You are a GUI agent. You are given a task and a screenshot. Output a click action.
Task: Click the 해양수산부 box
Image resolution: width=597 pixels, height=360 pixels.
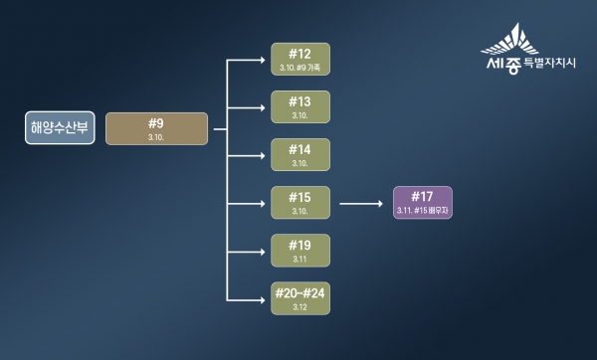pos(61,128)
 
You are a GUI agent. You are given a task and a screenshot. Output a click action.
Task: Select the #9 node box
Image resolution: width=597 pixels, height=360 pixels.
pos(156,128)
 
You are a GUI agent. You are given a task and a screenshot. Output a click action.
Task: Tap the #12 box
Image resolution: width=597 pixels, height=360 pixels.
pos(299,59)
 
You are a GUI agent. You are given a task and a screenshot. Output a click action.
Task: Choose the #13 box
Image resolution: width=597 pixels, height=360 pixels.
pos(299,106)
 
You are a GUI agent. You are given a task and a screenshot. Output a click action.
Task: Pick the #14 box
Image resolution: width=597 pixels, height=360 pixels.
pos(299,154)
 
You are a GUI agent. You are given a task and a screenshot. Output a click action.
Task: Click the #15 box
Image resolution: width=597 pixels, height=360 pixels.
pos(299,203)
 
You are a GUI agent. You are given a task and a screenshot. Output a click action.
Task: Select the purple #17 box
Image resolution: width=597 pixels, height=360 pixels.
pos(423,203)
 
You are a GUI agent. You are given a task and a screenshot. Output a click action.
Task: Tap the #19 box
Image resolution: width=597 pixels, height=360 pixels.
pos(299,251)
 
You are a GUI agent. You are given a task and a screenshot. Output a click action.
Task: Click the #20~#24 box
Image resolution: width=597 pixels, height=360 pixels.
pos(299,298)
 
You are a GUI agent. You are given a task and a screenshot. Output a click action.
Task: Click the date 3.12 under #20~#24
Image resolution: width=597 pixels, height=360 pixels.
pos(299,307)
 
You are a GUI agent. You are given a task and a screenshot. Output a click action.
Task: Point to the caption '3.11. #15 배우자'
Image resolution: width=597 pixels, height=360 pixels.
pos(423,211)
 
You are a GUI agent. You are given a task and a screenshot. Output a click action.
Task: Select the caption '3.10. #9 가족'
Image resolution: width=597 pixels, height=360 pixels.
pos(299,68)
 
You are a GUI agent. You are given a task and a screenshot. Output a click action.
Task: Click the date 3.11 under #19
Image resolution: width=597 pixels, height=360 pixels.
pos(299,260)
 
